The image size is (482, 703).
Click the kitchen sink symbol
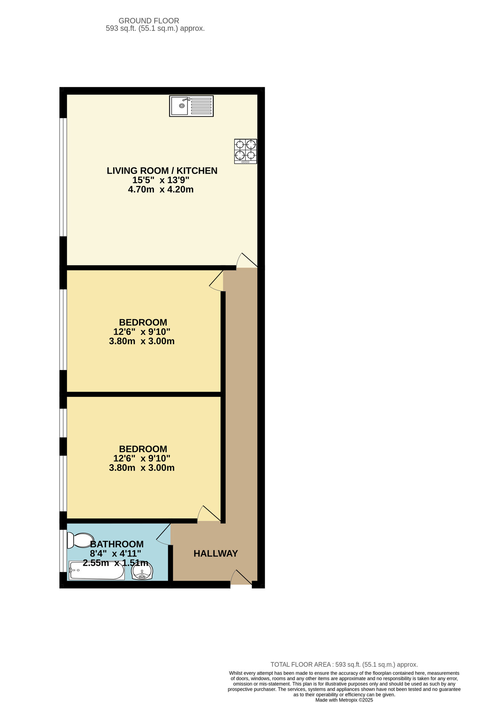pyautogui.click(x=191, y=106)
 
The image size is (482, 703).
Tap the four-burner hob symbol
pyautogui.click(x=246, y=151)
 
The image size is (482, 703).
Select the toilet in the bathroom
pyautogui.click(x=80, y=540)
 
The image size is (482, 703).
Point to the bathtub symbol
pyautogui.click(x=97, y=570)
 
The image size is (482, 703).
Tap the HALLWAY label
pyautogui.click(x=216, y=554)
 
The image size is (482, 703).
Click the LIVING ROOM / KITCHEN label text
pyautogui.click(x=162, y=171)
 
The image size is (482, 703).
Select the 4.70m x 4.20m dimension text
pyautogui.click(x=161, y=190)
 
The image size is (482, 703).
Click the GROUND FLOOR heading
pyautogui.click(x=149, y=21)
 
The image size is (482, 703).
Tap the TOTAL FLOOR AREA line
pyautogui.click(x=344, y=664)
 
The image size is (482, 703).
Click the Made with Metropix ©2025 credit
pyautogui.click(x=344, y=700)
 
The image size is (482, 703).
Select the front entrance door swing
pyautogui.click(x=241, y=579)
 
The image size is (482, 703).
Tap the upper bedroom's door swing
pyautogui.click(x=217, y=281)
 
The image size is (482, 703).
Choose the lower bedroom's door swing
pyautogui.click(x=208, y=514)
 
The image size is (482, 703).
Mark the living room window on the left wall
pyautogui.click(x=63, y=177)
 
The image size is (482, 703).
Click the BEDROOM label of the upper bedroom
pyautogui.click(x=143, y=322)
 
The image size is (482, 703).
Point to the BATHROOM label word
pyautogui.click(x=117, y=544)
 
